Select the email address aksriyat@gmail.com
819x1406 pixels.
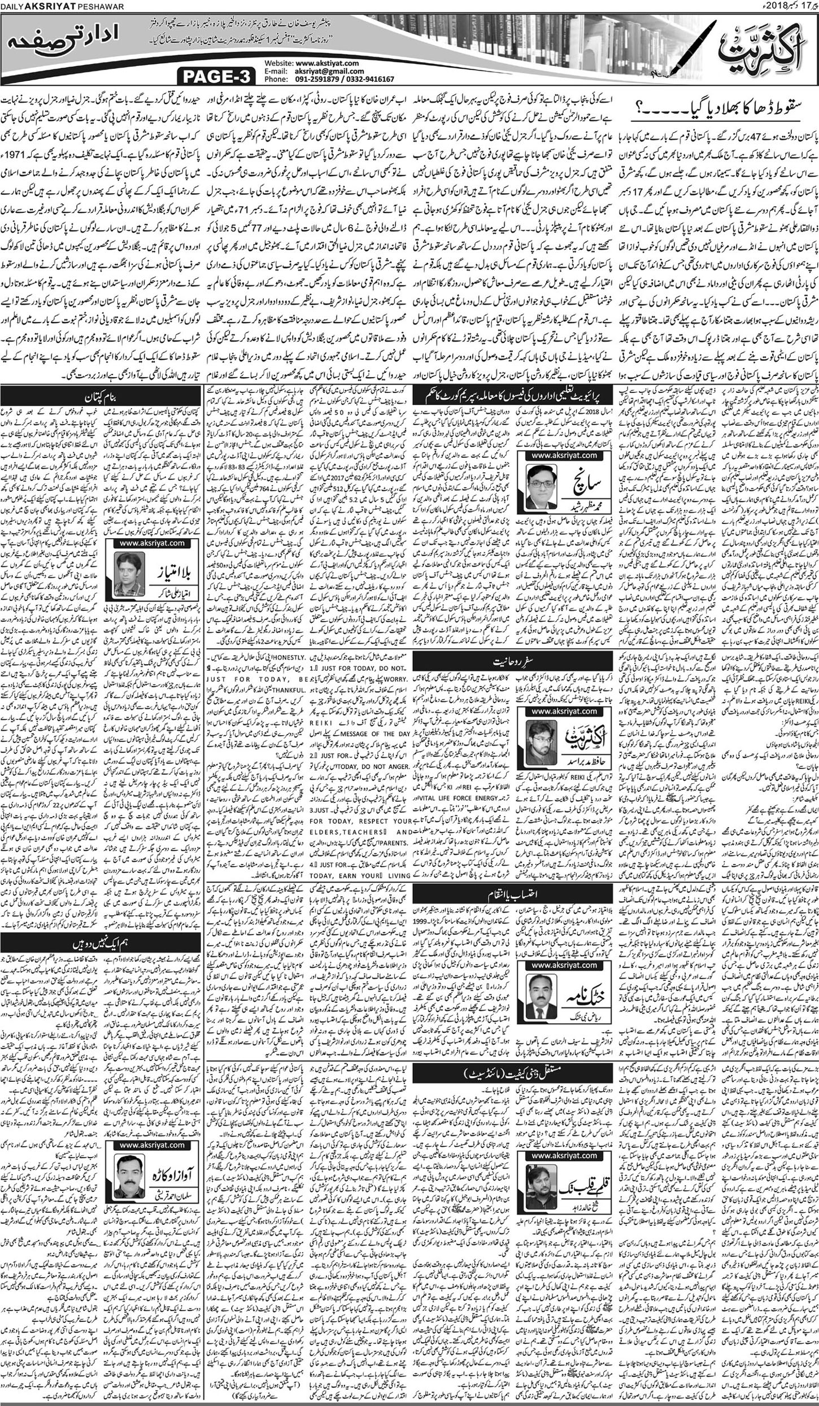329,72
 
